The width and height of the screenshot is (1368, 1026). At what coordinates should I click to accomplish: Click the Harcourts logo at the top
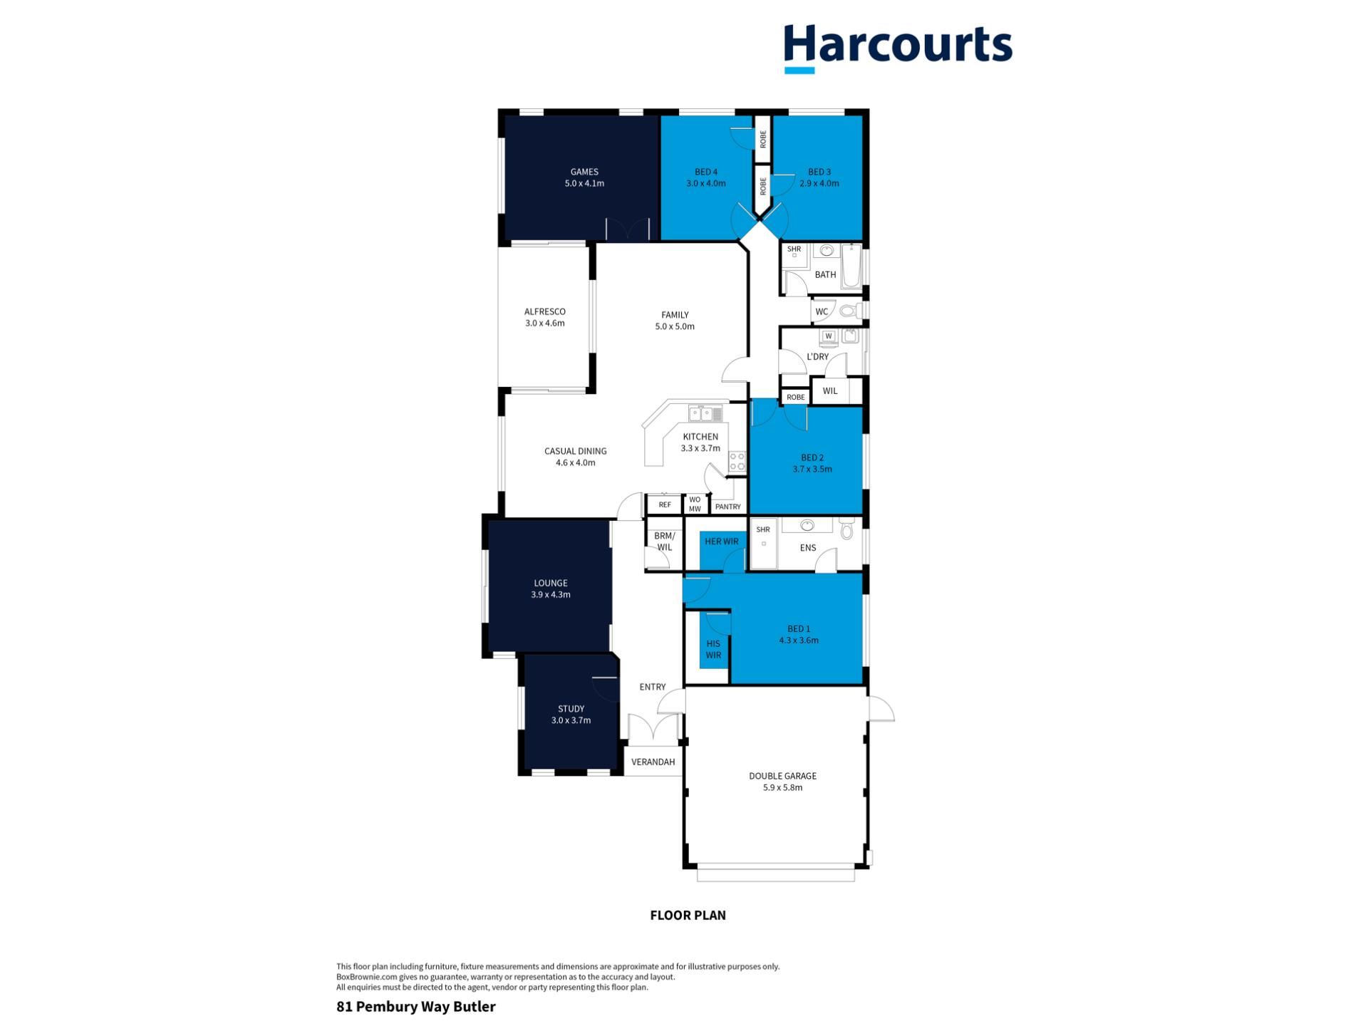pos(898,47)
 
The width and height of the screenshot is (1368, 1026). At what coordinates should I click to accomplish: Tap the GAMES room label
pos(584,172)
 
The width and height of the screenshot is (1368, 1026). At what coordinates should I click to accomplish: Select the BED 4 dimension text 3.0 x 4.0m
pos(706,183)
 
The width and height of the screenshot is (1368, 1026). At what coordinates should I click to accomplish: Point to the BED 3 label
pos(819,172)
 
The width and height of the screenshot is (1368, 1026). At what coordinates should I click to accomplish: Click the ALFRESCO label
pos(545,311)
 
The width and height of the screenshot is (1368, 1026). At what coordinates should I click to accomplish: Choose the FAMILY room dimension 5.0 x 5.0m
pos(675,326)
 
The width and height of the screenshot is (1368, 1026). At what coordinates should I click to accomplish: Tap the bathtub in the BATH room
pos(851,266)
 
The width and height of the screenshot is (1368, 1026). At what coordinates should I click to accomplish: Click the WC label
pos(822,311)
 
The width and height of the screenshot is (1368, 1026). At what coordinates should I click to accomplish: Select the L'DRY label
pos(817,356)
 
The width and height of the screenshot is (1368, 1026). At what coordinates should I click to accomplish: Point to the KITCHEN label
pos(700,437)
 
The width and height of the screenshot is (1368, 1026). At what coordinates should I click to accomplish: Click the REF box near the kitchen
pos(665,505)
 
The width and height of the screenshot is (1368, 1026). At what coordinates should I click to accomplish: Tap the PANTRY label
pos(727,507)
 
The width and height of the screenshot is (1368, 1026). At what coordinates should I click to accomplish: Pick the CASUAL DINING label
pos(576,451)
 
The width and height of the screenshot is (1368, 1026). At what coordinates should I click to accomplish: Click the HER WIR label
pos(722,541)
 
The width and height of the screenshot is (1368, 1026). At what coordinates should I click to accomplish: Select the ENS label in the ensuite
pos(808,548)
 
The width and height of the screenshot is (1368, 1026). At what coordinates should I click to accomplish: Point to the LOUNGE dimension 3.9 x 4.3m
pos(551,594)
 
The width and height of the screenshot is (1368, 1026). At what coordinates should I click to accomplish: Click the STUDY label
pos(571,709)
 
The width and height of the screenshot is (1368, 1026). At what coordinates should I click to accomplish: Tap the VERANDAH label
pos(653,762)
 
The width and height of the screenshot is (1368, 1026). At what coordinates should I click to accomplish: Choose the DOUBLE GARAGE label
pos(782,776)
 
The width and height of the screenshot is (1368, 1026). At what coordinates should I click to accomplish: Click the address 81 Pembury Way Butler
pos(416,1007)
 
